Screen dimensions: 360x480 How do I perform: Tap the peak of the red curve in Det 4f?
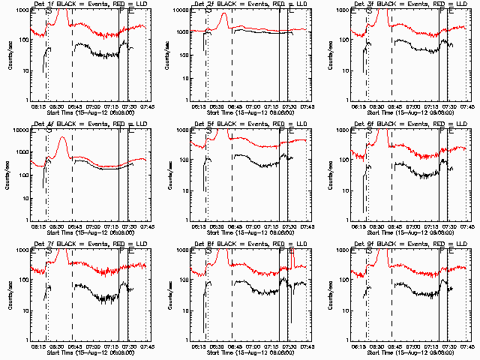[x=63, y=138]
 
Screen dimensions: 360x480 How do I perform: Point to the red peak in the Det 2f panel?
[x=223, y=15]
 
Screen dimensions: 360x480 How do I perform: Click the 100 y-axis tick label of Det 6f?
[x=342, y=160]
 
